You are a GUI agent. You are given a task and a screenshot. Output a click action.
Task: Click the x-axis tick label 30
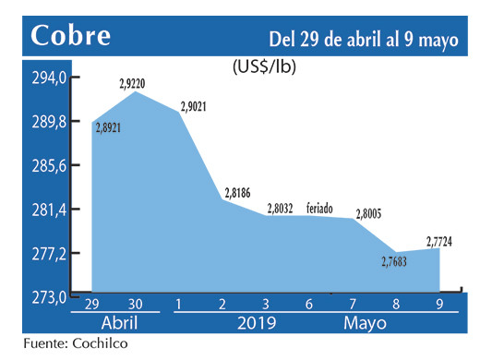[x=136, y=306]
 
